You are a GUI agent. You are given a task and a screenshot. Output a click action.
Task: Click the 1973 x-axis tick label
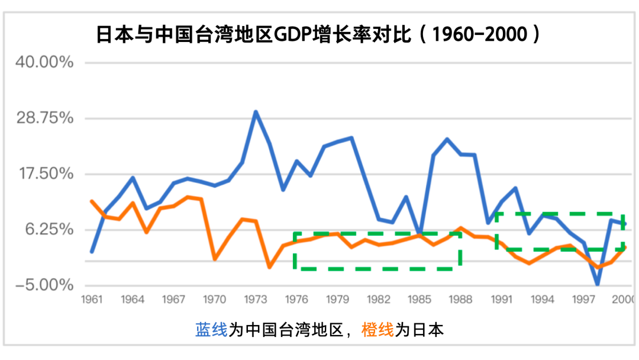tap(256, 300)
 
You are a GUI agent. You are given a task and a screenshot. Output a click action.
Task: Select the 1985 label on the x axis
tap(419, 300)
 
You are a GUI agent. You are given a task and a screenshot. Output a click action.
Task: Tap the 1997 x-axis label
tap(584, 300)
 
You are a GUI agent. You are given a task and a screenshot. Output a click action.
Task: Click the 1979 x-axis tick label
tap(337, 300)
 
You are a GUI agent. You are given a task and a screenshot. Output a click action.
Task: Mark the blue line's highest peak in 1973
tap(256, 112)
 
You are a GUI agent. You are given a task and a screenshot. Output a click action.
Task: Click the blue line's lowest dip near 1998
tap(598, 284)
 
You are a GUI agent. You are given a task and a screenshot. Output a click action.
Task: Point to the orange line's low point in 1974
tap(269, 267)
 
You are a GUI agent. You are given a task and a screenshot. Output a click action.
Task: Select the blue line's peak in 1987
tap(447, 140)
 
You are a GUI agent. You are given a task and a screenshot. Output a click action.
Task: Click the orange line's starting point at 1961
tap(91, 201)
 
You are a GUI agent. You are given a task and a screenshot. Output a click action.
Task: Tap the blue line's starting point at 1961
tap(91, 252)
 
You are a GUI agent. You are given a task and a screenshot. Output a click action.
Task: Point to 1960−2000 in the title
tap(480, 34)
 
